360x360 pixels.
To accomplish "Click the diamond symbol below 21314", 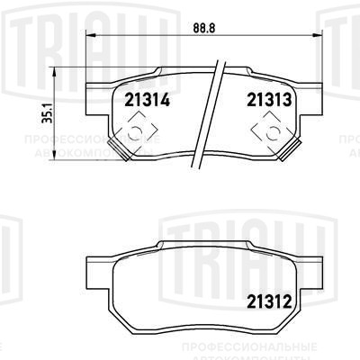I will [x=133, y=133].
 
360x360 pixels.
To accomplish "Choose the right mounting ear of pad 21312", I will [x=317, y=270].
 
